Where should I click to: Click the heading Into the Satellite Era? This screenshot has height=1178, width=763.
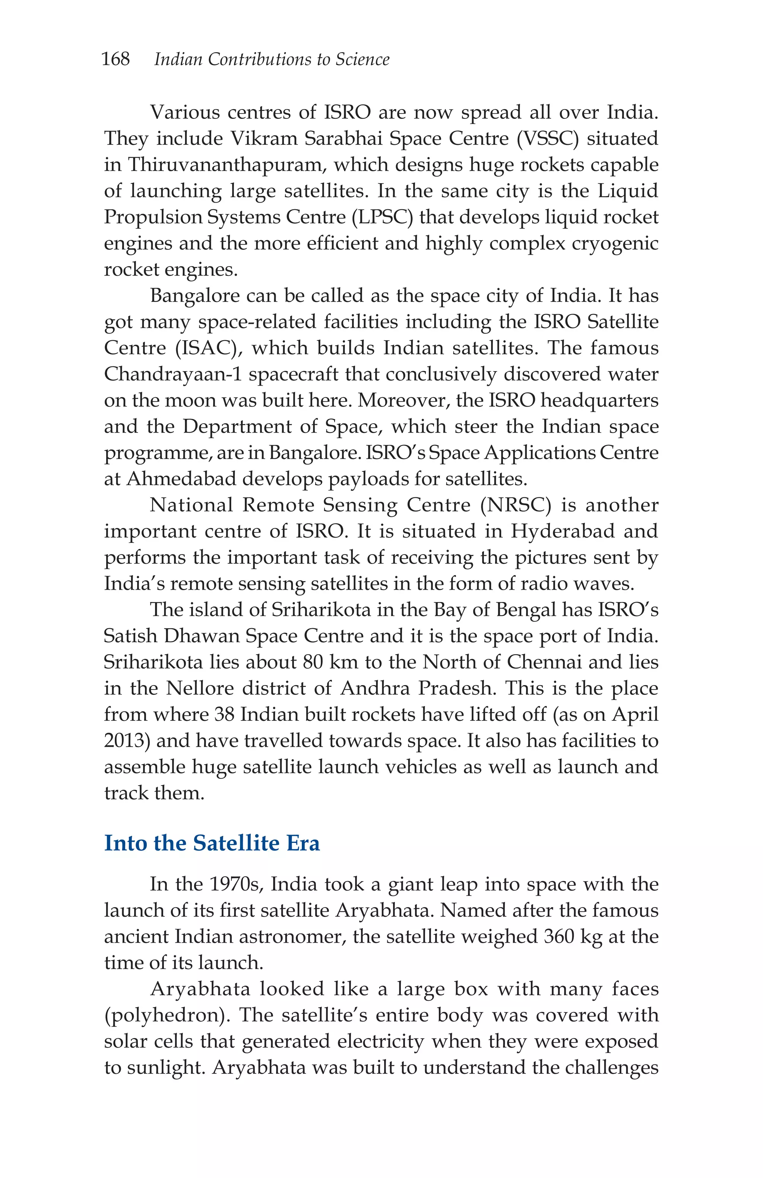click(212, 843)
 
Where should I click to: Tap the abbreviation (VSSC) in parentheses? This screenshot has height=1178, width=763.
click(547, 139)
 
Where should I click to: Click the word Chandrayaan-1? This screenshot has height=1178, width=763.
click(173, 374)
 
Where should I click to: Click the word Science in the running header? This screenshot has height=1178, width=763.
click(362, 60)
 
